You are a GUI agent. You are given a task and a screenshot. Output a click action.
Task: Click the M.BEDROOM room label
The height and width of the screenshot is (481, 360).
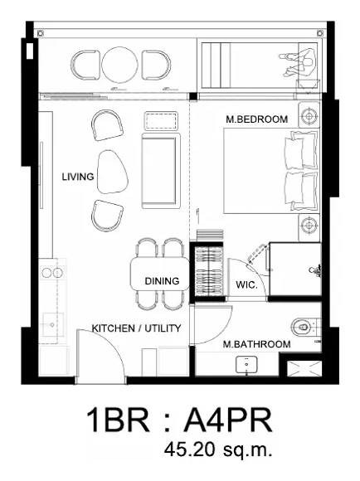click(x=256, y=119)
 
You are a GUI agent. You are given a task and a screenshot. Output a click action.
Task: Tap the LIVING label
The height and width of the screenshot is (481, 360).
click(x=78, y=177)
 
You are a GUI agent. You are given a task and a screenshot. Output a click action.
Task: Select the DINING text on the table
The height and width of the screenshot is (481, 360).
click(x=162, y=281)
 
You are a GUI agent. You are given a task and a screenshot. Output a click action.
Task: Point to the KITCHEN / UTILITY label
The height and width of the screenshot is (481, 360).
click(x=136, y=328)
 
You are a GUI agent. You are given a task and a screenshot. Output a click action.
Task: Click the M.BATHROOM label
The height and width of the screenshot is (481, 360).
click(x=256, y=344)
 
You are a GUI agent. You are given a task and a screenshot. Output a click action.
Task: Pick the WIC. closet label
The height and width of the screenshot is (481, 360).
click(x=246, y=285)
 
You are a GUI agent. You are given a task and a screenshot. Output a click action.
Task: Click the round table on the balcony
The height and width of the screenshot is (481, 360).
click(x=119, y=65)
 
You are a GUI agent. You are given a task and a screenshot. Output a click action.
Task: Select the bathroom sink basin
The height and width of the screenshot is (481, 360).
click(x=246, y=365)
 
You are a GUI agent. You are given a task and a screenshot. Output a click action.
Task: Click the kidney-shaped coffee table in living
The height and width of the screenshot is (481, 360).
click(x=112, y=172)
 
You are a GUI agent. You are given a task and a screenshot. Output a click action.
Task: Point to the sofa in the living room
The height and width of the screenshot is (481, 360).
click(x=160, y=171)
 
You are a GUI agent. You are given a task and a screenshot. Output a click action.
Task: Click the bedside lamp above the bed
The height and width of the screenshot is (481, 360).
click(x=309, y=115)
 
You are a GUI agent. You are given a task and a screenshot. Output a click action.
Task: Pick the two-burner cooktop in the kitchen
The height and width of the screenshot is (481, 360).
click(x=52, y=272)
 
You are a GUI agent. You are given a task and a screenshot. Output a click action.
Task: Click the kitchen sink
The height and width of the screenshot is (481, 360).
click(x=53, y=324)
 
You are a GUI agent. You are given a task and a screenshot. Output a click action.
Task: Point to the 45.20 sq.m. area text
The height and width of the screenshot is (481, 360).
click(x=218, y=449)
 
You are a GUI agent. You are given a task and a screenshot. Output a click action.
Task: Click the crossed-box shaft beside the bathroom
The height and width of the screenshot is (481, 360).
click(x=304, y=368)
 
